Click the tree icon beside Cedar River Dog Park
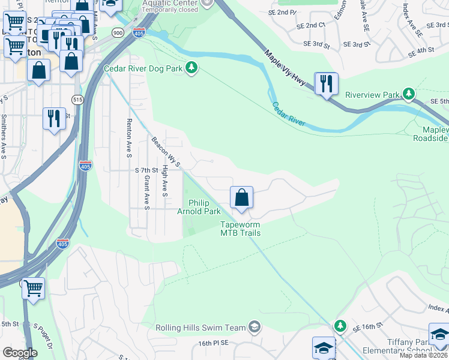[x=191, y=68]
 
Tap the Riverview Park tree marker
[x=409, y=94]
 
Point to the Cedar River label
[x=289, y=114]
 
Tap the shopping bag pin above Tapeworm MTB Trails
[x=241, y=197]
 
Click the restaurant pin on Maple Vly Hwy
[x=326, y=83]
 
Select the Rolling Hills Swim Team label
[x=200, y=328]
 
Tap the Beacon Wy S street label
[x=166, y=151]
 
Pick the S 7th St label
[x=146, y=170]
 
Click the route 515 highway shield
[x=77, y=99]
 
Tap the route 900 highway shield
[x=118, y=33]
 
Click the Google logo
[x=20, y=352]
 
